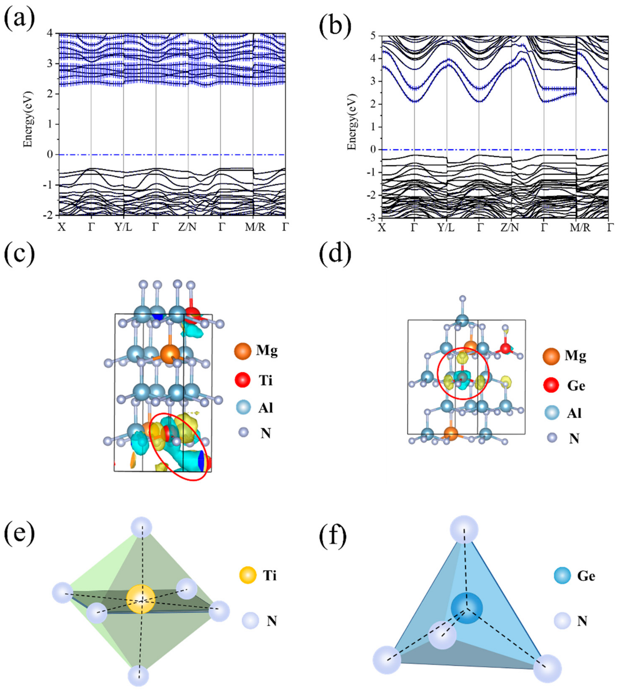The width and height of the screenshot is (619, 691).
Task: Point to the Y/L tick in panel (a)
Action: tap(123, 227)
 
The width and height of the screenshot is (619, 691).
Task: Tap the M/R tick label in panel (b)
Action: tap(577, 228)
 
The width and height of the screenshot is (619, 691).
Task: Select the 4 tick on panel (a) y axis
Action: tap(50, 33)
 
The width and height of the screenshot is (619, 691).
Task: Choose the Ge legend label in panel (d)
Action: tap(576, 386)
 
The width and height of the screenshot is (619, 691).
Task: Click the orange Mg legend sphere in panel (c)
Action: tap(242, 351)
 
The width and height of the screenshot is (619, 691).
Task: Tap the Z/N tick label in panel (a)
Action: tap(187, 227)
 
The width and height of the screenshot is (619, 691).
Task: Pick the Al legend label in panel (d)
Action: tap(574, 413)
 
